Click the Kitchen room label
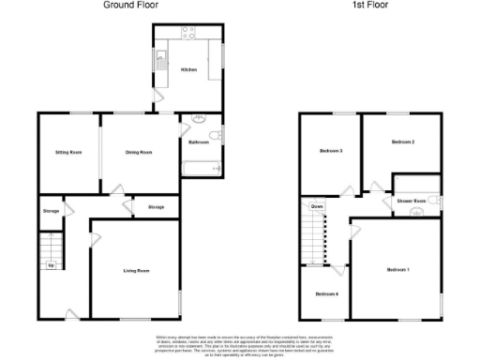tap(188, 70)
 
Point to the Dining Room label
tap(139, 151)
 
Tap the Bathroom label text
tap(198, 142)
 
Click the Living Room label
tap(137, 271)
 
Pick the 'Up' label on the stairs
tap(50, 264)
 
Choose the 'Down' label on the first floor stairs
tap(318, 205)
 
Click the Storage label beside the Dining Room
tap(156, 205)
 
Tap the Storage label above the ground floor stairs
tap(51, 211)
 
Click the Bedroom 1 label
tap(398, 270)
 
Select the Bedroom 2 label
tap(402, 142)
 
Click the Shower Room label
tap(412, 202)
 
